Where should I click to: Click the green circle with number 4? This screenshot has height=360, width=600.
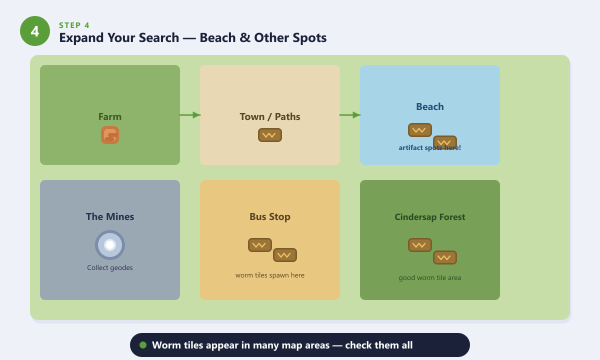coord(35,31)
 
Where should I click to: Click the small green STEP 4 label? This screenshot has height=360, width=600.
coord(74,25)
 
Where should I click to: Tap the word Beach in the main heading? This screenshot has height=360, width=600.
coord(217,37)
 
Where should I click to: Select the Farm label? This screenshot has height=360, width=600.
coord(110,117)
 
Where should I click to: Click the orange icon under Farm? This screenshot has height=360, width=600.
coord(110,135)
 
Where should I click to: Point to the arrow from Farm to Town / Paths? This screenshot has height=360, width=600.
coord(190,115)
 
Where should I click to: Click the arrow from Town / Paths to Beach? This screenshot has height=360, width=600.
coord(350,115)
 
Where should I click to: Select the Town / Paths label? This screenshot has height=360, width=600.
coord(269,117)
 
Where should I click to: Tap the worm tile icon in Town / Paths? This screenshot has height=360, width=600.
coord(269,135)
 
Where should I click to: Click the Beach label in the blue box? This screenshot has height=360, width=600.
coord(429,106)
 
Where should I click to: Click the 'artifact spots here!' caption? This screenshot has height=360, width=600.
coord(429,147)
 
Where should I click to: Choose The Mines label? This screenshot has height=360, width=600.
coord(110,216)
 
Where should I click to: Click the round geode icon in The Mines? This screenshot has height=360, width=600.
coord(110,245)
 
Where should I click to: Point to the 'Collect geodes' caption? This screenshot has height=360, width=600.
coord(110,267)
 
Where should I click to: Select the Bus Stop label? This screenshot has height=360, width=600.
coord(269,216)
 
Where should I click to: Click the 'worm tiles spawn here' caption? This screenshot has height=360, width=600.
coord(269,275)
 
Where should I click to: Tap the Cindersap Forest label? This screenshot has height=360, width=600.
coord(429,216)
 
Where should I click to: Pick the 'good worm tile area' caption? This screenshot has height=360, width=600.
coord(429,278)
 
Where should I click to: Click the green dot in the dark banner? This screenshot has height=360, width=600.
coord(143,345)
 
